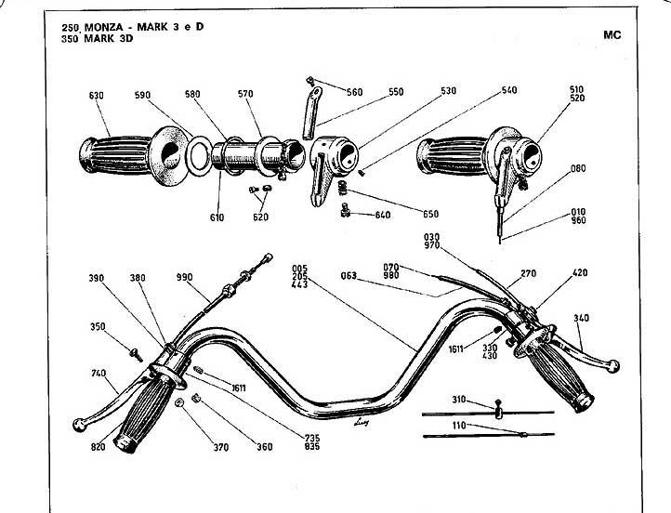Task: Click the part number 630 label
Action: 97,96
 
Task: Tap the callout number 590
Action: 142,95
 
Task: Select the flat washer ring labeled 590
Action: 200,156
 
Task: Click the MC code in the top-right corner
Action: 612,35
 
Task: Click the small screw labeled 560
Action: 310,80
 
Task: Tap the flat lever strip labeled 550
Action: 312,113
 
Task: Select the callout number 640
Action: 383,215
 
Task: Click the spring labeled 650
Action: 342,188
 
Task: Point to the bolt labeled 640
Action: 345,211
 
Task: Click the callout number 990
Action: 184,277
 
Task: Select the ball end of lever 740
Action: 80,425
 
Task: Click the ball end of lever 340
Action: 613,366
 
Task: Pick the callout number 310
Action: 459,400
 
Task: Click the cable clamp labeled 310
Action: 498,409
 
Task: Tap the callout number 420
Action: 580,272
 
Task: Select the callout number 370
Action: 221,448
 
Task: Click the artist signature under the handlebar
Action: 362,422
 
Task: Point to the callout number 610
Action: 217,217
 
